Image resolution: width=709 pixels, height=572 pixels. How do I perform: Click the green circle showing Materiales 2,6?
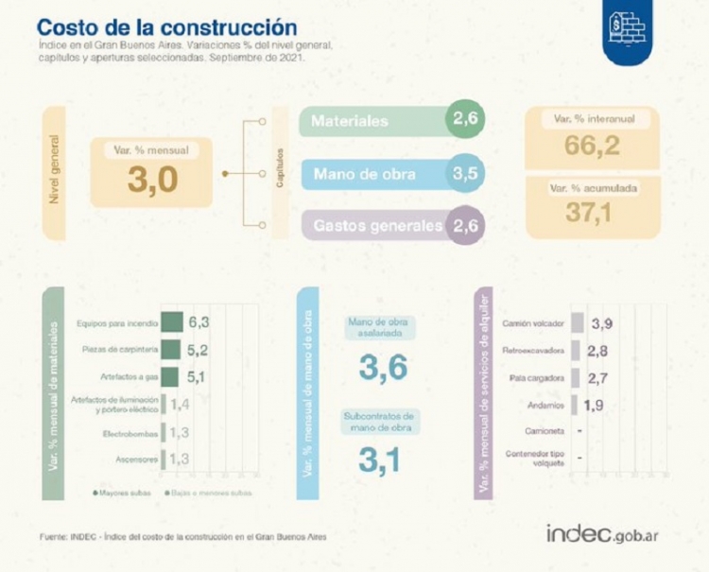pos(466,120)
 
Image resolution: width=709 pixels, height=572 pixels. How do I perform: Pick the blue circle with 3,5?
pos(466,173)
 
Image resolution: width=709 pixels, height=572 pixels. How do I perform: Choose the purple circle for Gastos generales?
pos(466,226)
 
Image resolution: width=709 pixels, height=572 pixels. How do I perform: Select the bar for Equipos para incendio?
pos(172,322)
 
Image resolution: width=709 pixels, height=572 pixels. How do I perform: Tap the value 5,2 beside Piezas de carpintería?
pos(198,351)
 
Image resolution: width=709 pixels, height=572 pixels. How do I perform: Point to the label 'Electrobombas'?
pos(129,433)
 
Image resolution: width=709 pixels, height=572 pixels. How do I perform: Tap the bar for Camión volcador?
pos(577,322)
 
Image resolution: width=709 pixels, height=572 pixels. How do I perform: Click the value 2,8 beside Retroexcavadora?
pos(597,351)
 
